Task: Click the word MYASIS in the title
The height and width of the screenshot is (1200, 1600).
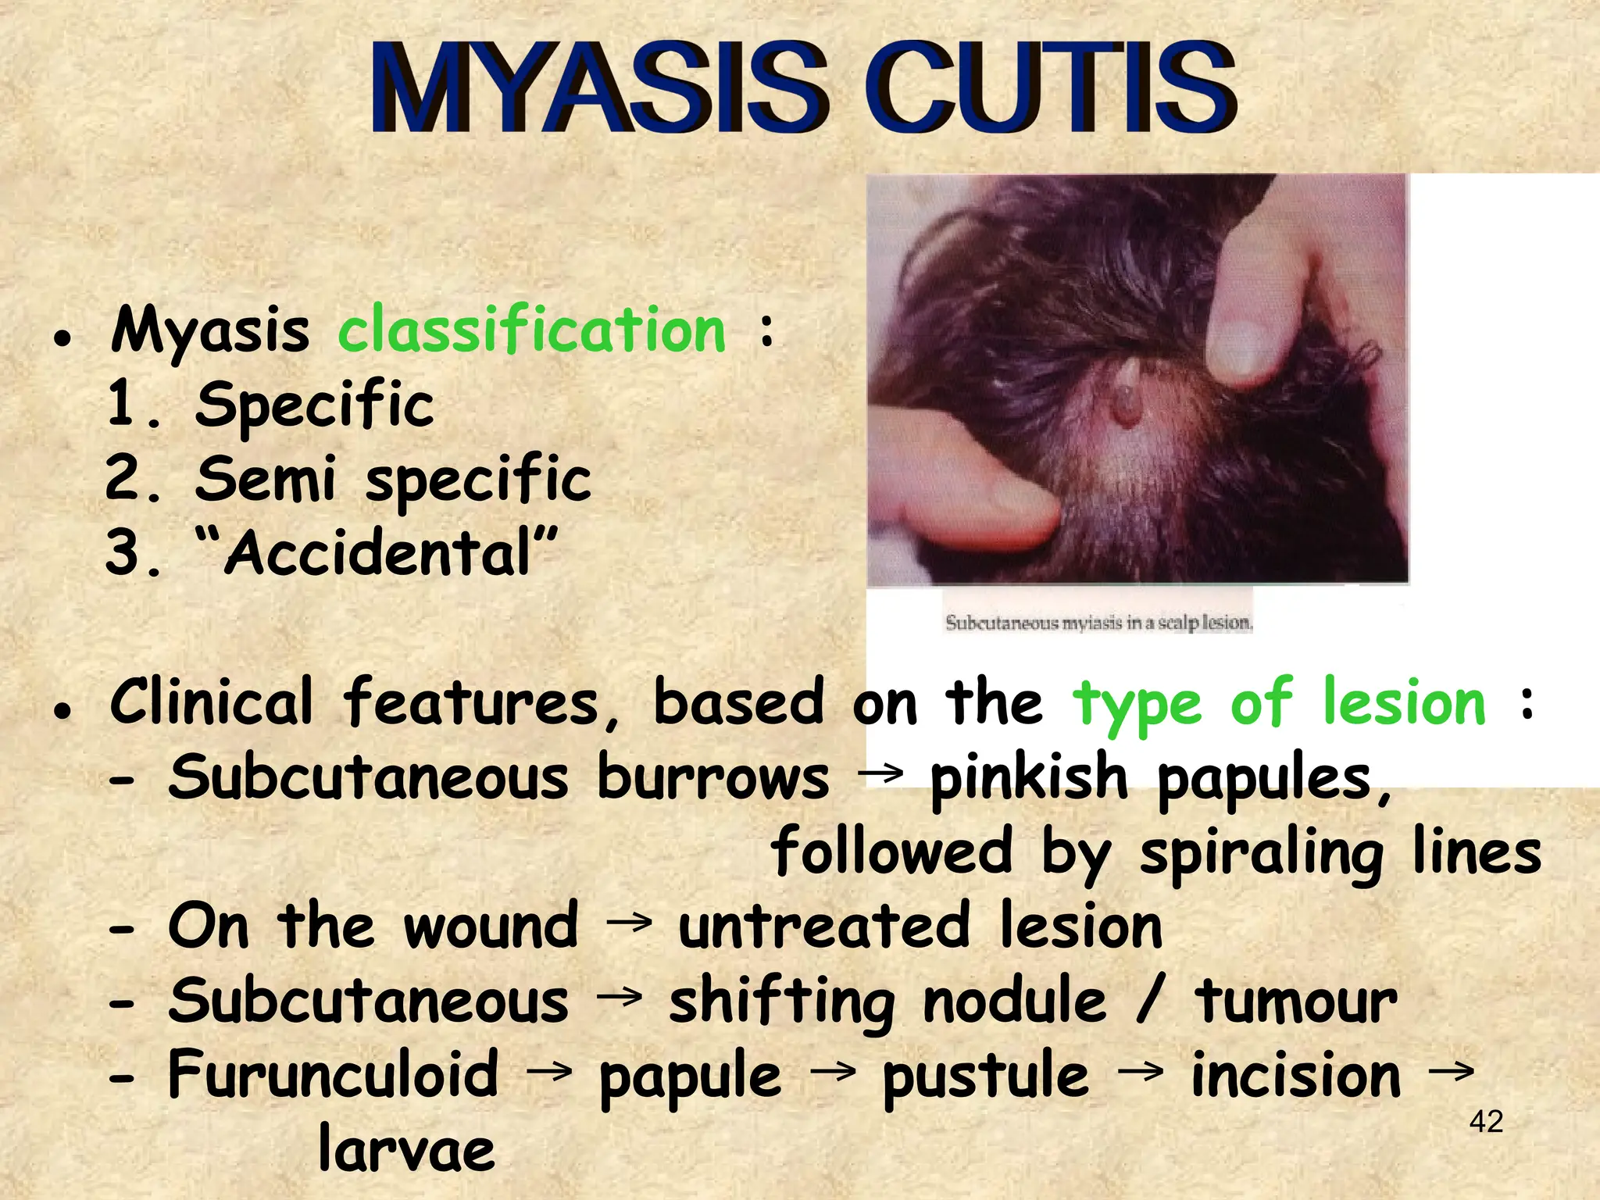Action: coord(598,87)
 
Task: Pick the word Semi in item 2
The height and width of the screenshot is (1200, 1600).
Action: coord(266,478)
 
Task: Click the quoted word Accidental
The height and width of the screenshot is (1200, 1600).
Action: coord(378,552)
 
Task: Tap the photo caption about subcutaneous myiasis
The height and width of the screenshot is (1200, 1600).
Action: coord(1098,623)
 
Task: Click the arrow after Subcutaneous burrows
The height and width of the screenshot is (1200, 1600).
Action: coord(880,774)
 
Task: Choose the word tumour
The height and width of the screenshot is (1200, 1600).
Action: coord(1296,1002)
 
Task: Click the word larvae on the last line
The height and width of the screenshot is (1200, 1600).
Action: coord(406,1149)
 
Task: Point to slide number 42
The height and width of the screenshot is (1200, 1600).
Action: coord(1486,1122)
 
